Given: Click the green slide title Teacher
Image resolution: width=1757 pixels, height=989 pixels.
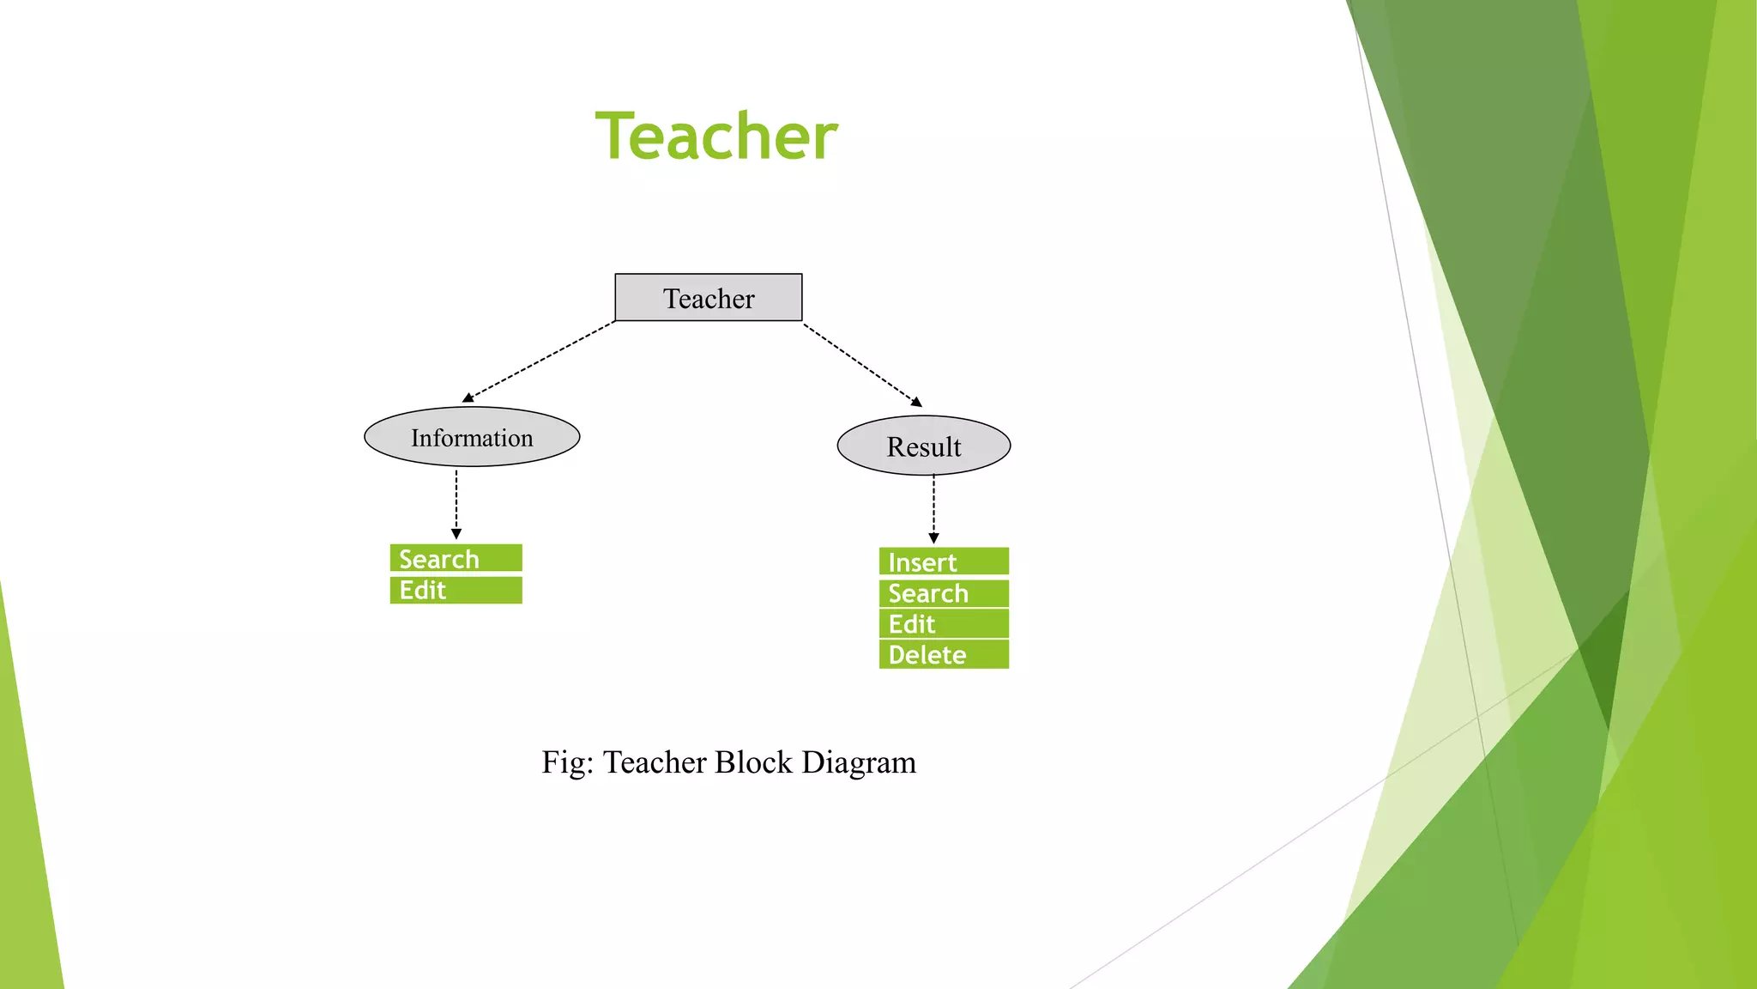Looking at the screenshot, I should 716,137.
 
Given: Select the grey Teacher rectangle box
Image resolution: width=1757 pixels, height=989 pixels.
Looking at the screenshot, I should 709,298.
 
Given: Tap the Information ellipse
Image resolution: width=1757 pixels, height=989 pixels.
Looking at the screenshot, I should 472,437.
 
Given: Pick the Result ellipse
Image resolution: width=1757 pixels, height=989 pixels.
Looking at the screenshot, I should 924,446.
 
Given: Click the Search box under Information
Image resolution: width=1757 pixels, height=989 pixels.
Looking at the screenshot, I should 456,558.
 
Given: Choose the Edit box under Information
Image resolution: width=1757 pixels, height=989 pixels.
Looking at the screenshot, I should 456,591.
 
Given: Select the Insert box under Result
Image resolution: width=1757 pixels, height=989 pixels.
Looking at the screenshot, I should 944,561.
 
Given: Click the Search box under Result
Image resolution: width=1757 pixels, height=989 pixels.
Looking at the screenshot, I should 944,593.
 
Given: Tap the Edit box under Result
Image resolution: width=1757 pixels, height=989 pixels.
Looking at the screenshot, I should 944,624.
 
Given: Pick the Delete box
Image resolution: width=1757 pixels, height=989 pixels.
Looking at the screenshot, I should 944,655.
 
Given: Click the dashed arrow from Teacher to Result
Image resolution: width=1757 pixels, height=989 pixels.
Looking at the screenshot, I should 860,363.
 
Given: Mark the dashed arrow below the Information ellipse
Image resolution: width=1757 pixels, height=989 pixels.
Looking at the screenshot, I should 456,502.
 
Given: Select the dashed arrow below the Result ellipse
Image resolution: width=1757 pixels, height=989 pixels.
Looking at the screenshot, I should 933,507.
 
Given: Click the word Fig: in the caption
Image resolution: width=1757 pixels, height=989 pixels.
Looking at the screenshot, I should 567,762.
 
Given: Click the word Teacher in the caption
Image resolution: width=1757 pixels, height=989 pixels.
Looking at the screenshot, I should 655,762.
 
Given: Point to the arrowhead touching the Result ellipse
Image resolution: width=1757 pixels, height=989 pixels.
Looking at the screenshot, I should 916,402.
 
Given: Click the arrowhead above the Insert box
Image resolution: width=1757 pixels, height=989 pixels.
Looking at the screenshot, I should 933,538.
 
